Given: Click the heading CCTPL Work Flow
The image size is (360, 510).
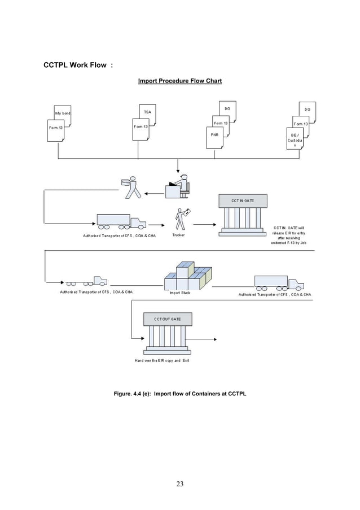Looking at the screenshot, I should [78, 65].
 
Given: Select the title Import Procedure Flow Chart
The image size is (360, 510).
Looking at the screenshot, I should [180, 81].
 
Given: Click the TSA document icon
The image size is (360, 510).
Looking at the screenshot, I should [147, 112].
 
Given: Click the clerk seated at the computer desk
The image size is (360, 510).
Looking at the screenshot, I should [178, 186].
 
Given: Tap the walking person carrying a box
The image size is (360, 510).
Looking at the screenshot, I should [131, 188].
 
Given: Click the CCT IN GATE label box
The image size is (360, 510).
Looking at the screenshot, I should [242, 200].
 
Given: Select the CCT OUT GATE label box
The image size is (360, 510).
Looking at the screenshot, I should [168, 319].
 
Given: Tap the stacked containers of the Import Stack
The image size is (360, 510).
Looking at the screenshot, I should [188, 276].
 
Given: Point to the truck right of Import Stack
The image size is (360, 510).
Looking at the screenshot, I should [278, 282].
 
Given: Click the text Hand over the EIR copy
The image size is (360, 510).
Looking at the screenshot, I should [161, 360].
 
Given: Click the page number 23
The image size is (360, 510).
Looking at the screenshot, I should [179, 483].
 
